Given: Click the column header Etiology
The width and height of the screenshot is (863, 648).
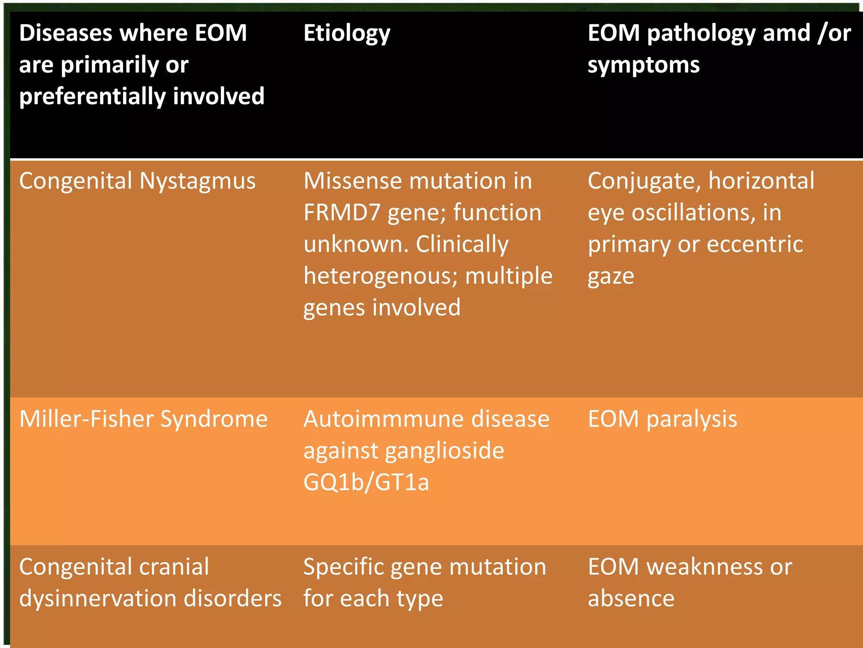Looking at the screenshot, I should point(347,34).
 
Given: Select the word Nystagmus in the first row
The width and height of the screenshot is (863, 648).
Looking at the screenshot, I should point(197,181).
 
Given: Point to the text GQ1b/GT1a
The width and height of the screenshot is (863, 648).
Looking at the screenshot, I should point(366,482).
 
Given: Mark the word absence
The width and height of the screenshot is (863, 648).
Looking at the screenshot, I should point(631,599).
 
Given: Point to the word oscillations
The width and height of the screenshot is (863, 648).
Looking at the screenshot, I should point(694,213).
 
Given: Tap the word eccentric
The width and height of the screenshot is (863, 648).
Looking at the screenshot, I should point(755,244).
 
